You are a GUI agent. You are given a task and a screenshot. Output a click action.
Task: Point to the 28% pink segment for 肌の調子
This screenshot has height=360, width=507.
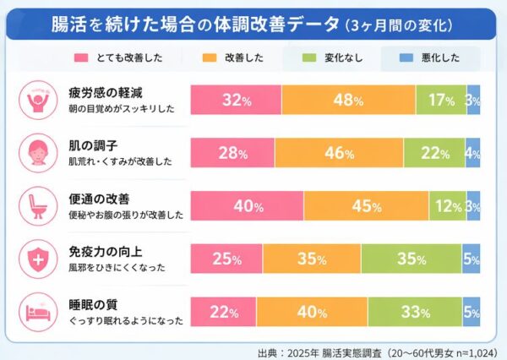[232, 153]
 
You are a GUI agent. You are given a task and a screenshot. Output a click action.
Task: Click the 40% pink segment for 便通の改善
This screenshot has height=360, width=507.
[247, 206]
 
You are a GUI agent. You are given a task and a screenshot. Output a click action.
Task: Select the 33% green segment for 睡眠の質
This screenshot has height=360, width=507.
[414, 312]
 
